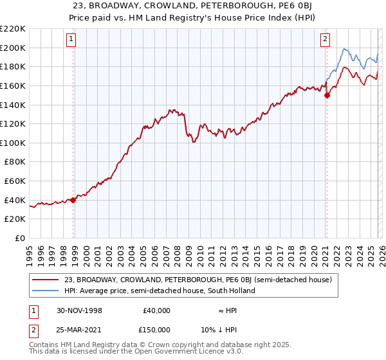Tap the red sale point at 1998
tap(73, 200)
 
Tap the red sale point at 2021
tap(327, 95)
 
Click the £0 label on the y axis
tap(19, 239)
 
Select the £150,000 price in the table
tap(156, 330)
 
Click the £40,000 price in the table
tap(156, 310)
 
